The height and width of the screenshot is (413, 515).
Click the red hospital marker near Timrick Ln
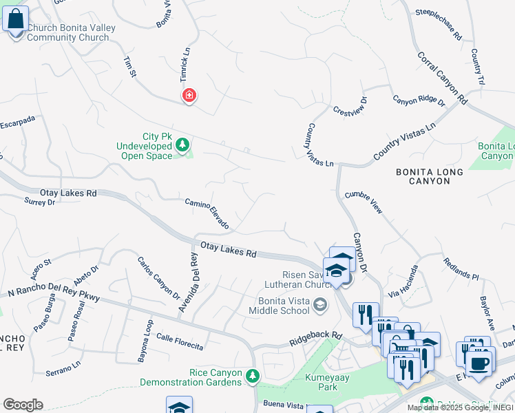[x=188, y=96]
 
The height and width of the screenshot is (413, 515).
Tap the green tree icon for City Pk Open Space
[x=182, y=145]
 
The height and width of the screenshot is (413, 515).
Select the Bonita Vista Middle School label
[x=284, y=305]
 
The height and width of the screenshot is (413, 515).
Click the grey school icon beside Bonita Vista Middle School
[x=320, y=304]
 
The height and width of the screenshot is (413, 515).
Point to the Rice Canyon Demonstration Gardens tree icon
[x=253, y=376]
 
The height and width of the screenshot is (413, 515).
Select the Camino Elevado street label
[x=207, y=214]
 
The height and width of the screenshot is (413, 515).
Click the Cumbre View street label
[x=364, y=202]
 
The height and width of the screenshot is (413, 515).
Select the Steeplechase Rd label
[x=439, y=26]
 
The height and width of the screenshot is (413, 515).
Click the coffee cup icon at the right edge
[x=479, y=364]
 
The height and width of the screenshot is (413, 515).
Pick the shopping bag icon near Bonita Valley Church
[x=15, y=19]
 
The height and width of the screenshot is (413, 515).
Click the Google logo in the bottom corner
[x=22, y=405]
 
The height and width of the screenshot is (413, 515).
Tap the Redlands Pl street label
[x=461, y=269]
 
